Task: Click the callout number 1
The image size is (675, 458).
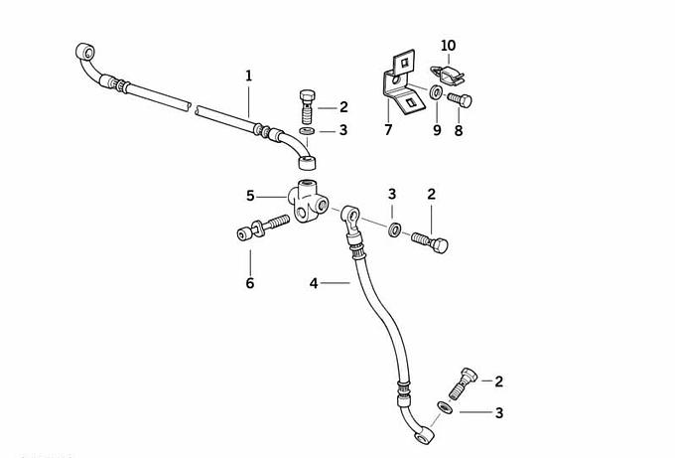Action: (249, 75)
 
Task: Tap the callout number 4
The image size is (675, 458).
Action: (314, 283)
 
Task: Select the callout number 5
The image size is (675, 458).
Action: (251, 195)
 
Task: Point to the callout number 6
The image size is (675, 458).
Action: (250, 283)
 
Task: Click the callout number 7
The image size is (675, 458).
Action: (388, 129)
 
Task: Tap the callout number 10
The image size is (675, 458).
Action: (449, 46)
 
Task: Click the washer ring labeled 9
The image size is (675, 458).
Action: (437, 94)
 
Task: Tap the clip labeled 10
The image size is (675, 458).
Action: (446, 71)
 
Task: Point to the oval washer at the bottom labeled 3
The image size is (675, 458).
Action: (445, 406)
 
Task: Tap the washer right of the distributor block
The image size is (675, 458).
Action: (395, 230)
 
